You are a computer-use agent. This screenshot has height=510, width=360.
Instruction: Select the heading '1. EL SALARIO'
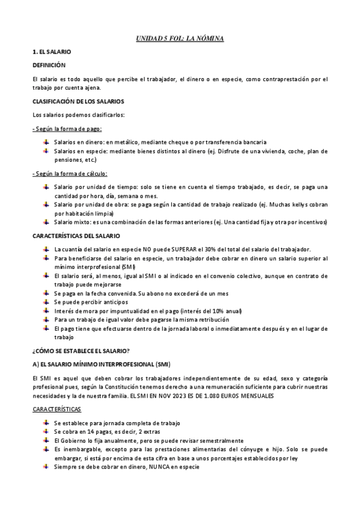(52, 54)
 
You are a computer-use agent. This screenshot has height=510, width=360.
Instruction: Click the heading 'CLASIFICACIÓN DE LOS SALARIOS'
(78, 101)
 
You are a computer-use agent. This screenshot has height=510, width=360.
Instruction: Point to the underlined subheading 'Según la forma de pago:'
(67, 129)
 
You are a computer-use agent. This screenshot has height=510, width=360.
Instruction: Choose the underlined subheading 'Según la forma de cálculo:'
(70, 174)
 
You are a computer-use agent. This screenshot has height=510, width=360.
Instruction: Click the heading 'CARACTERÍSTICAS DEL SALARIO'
(76, 236)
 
